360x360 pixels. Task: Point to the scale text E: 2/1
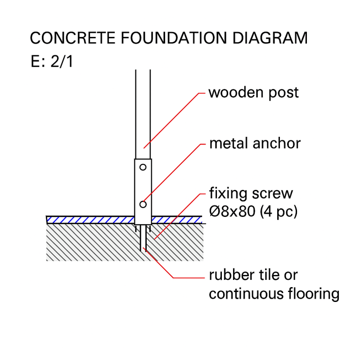click(52, 62)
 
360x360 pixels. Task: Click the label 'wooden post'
click(253, 93)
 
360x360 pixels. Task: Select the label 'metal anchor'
click(255, 144)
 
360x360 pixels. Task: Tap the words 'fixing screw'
click(251, 193)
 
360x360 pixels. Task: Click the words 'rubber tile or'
click(253, 274)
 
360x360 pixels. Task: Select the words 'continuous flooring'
click(274, 294)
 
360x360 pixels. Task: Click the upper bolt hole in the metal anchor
click(143, 167)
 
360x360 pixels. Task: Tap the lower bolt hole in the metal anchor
click(143, 204)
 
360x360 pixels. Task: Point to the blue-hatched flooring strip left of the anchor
click(90, 220)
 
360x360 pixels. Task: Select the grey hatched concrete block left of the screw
click(90, 243)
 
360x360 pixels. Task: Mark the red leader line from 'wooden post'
click(171, 121)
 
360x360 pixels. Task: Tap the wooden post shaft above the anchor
click(143, 112)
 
